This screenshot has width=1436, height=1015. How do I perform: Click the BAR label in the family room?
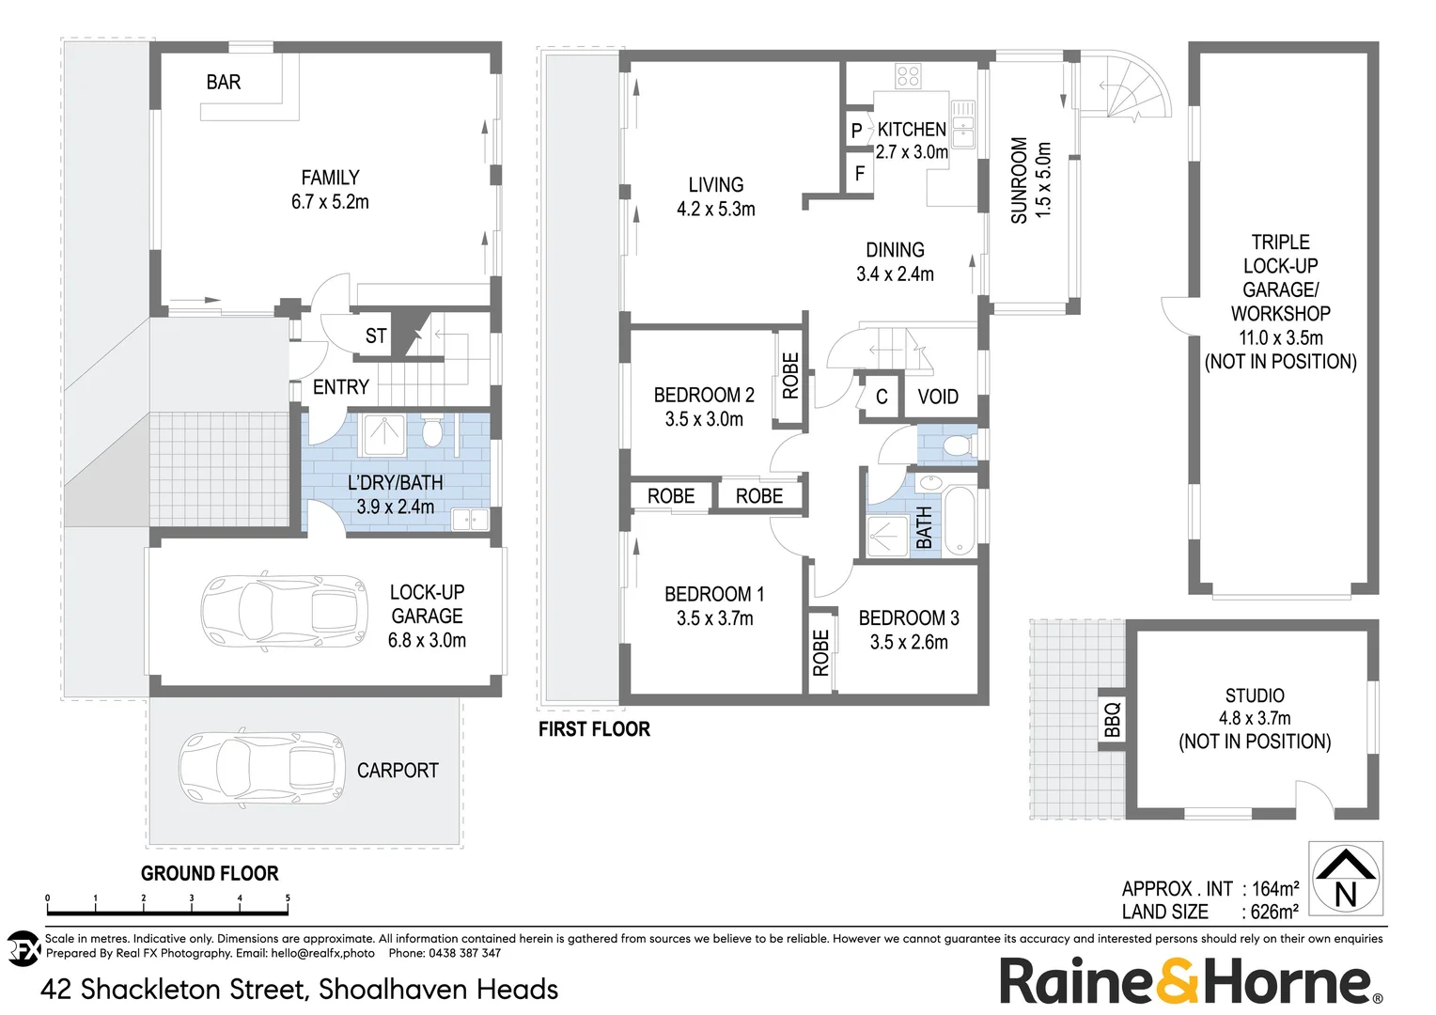(224, 83)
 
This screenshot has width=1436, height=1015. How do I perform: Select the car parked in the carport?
(262, 768)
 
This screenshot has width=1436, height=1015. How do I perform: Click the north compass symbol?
(1346, 879)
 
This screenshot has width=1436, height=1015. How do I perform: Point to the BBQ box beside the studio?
(1112, 720)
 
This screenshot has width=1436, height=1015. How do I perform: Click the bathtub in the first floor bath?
(959, 522)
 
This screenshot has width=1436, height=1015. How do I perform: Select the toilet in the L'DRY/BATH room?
(432, 432)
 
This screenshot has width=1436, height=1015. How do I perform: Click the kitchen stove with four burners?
(908, 76)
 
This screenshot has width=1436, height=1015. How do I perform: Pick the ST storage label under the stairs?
(376, 336)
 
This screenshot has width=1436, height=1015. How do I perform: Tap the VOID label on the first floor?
(938, 397)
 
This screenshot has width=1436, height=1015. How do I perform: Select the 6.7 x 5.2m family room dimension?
(330, 202)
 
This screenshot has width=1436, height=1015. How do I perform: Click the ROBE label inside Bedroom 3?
(821, 652)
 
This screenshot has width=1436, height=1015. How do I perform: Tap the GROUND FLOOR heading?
(210, 873)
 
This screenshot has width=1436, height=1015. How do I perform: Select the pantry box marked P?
(856, 131)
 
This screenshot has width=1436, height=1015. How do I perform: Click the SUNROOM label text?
(1019, 180)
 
